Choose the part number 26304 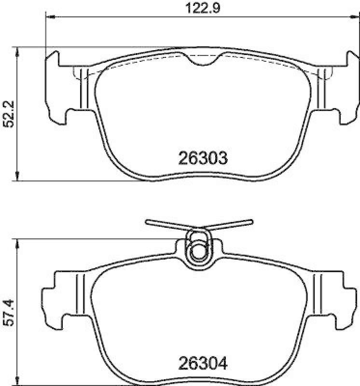[x=202, y=361]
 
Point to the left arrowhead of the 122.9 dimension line [x=49, y=17]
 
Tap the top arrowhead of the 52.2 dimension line [x=18, y=51]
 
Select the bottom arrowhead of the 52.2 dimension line [x=18, y=178]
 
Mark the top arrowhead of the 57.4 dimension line [x=18, y=242]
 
